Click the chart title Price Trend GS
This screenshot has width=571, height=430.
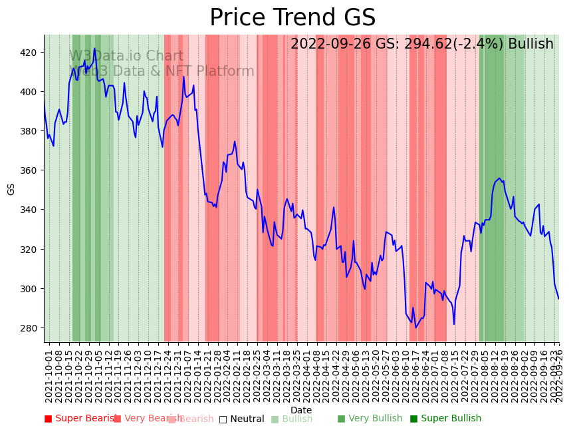pos(292,18)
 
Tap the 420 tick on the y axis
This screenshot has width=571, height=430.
pos(31,52)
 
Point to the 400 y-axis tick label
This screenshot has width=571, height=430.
pos(31,91)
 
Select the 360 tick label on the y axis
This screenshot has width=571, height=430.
pos(31,170)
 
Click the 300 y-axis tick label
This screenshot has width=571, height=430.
pos(31,289)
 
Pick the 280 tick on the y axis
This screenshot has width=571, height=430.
pos(31,328)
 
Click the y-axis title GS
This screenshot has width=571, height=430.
pos(11,188)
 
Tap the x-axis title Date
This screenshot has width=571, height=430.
pos(301,411)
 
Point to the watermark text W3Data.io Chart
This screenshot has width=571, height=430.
pos(126,56)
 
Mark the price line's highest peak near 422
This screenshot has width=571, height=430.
pos(94,49)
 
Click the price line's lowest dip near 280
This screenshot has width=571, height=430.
pos(416,327)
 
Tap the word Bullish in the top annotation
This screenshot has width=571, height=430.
pos(530,45)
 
